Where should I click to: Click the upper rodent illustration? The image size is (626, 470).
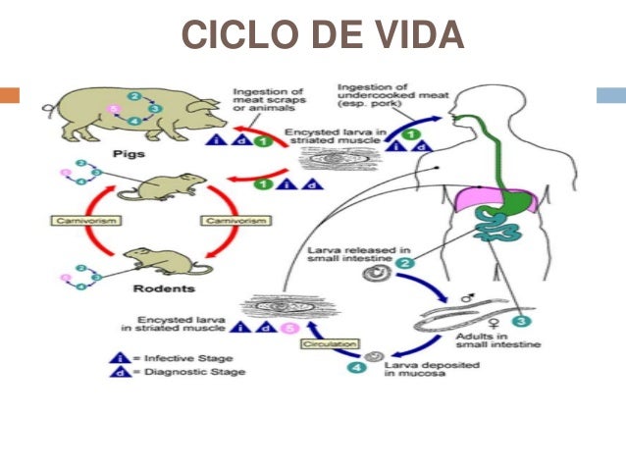point(170,186)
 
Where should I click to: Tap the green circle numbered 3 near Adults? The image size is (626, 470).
point(520,320)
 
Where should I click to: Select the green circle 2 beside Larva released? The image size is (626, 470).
point(403,263)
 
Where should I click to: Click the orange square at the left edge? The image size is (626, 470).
point(10,95)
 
